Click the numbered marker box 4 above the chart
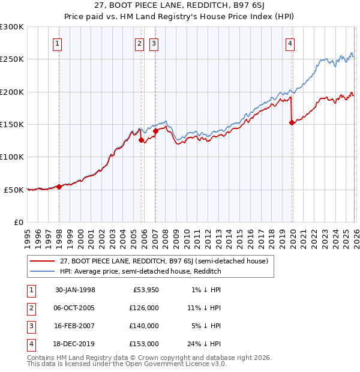coord(290,43)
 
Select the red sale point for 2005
coord(142,140)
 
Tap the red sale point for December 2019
coord(292,123)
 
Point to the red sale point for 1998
coord(59,187)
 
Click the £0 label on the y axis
coord(17,222)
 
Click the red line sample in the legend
coord(43,261)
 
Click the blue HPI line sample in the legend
coord(43,271)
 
